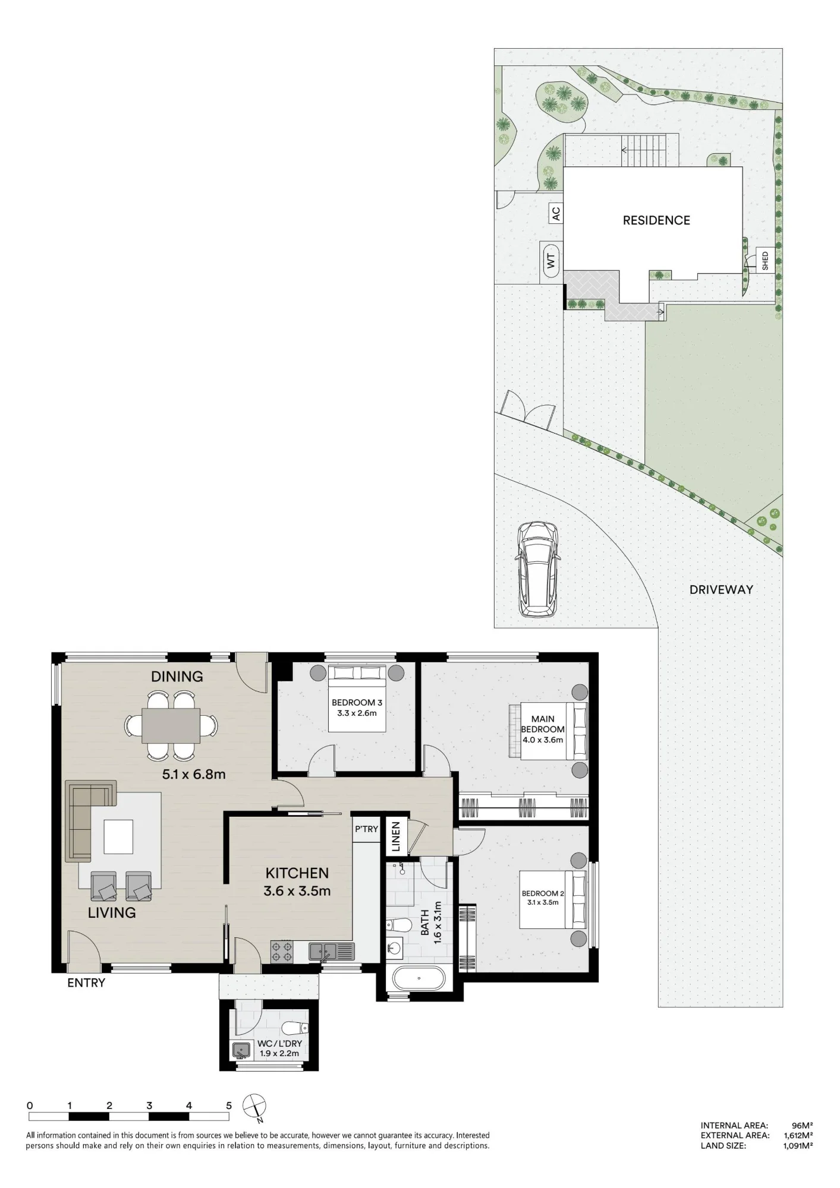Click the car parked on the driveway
tap(537, 569)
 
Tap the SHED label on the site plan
tap(765, 260)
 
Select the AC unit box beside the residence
tap(555, 213)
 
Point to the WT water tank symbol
tap(551, 261)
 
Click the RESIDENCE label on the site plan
tap(656, 220)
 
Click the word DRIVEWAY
tap(721, 590)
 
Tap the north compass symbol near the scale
tap(254, 1107)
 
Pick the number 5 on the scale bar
tap(229, 1105)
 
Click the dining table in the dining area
tap(171, 725)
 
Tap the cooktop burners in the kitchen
tap(282, 951)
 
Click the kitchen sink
tap(331, 952)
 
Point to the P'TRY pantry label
tap(366, 829)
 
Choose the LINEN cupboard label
tap(396, 836)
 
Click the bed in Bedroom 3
tap(357, 698)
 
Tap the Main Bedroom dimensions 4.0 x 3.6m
tap(543, 740)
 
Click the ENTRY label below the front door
tap(86, 983)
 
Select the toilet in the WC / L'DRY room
tap(295, 1028)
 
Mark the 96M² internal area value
tap(802, 1125)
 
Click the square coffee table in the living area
tap(118, 836)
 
